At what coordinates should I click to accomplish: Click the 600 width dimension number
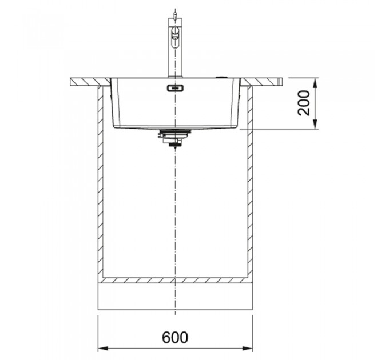[175, 337]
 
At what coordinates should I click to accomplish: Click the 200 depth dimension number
[304, 103]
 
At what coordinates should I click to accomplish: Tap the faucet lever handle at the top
[176, 34]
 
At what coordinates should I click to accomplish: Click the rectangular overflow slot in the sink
[176, 88]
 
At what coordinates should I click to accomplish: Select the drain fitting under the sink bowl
[175, 138]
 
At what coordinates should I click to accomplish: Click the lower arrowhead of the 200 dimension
[315, 125]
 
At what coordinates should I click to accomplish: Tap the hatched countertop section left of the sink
[90, 82]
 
